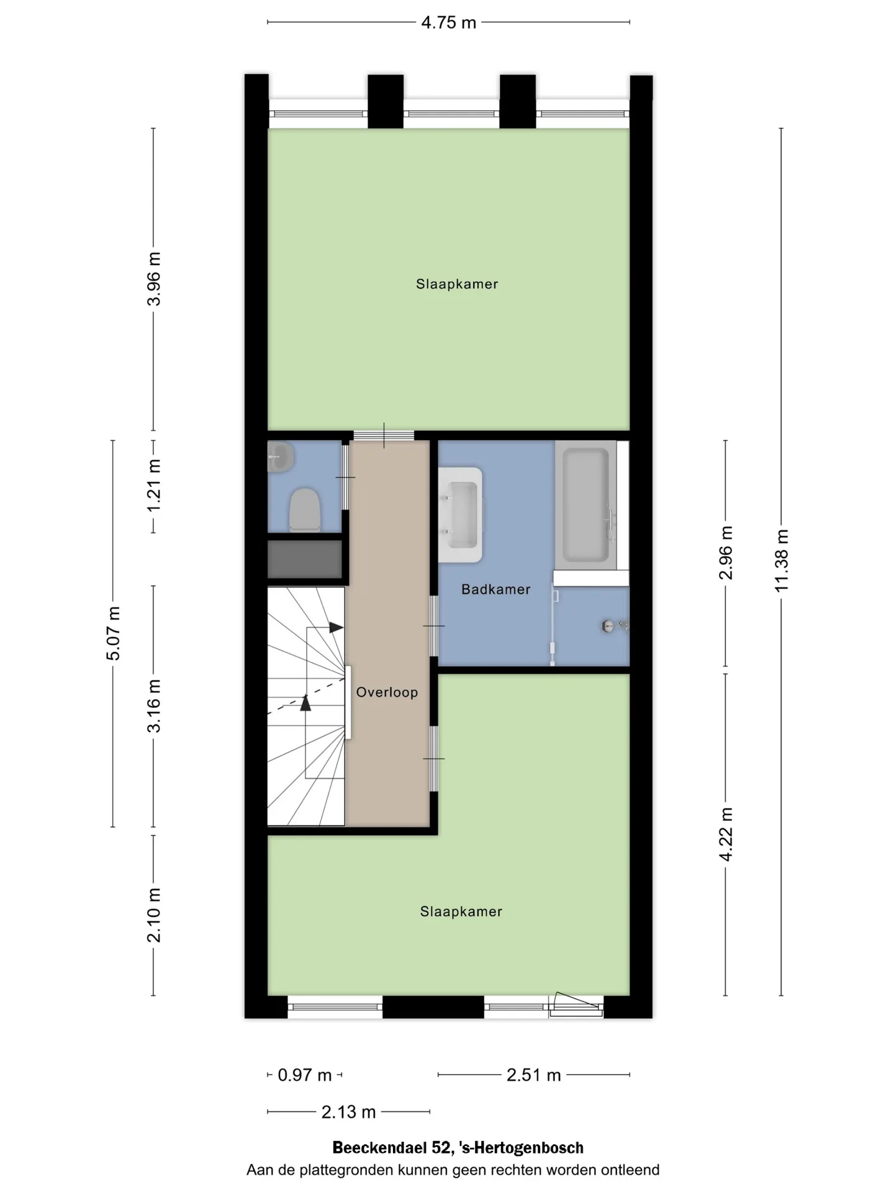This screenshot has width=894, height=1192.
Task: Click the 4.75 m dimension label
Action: [x=448, y=23]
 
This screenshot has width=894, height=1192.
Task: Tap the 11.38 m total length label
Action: [x=782, y=561]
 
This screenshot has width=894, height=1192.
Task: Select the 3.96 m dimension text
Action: [x=153, y=279]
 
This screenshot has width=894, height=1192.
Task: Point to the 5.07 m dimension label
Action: [x=113, y=633]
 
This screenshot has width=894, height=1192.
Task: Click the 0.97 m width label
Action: [x=304, y=1075]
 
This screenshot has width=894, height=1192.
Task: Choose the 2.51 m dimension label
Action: [x=533, y=1075]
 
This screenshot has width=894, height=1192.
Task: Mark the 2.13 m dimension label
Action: [x=348, y=1112]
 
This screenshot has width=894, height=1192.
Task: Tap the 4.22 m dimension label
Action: [x=726, y=834]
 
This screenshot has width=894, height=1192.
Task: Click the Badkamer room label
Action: [x=495, y=589]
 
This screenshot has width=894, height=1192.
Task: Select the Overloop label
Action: [x=387, y=692]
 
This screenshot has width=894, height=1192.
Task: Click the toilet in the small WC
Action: [x=304, y=510]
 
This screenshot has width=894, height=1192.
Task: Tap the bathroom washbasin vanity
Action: [x=461, y=515]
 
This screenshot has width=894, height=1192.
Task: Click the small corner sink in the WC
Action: [x=280, y=458]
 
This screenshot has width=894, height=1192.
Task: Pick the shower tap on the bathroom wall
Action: [x=615, y=626]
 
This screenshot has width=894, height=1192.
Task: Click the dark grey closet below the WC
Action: [x=305, y=559]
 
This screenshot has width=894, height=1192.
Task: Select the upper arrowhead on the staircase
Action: [x=336, y=628]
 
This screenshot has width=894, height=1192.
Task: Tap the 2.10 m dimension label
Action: [x=153, y=915]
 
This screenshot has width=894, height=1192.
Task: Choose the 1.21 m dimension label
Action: [x=153, y=485]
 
